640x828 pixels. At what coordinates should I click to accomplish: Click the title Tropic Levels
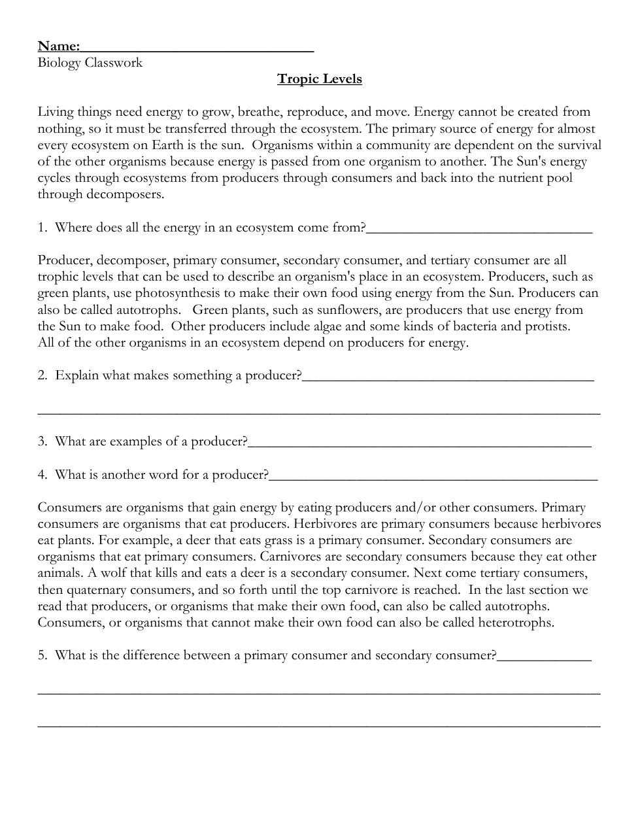click(x=319, y=79)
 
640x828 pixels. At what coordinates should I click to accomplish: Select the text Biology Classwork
click(x=90, y=63)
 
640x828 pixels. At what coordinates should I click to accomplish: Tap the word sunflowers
click(x=351, y=310)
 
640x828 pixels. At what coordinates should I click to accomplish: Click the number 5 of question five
click(x=42, y=655)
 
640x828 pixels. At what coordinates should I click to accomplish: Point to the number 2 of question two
click(x=42, y=376)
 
